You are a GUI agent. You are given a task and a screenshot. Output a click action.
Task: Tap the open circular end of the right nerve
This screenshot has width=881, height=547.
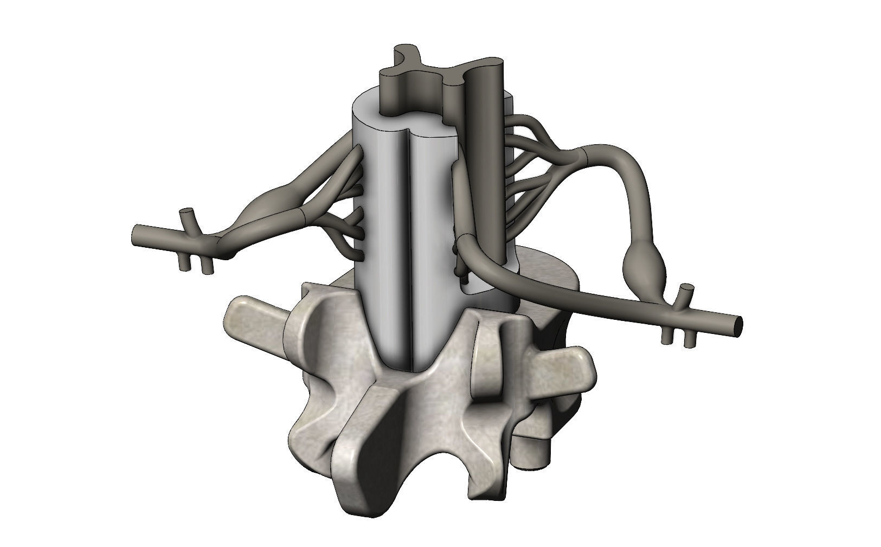click(x=738, y=324)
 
